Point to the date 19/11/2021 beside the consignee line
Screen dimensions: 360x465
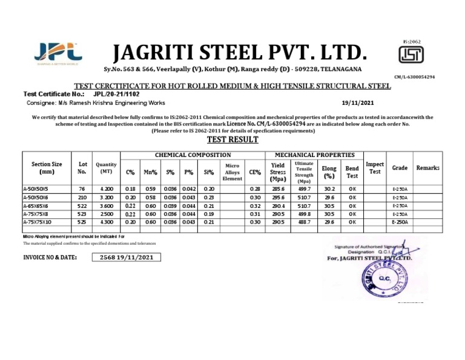click(x=358, y=103)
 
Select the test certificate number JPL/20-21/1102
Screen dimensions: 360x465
click(x=116, y=95)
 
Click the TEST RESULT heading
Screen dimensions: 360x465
click(x=232, y=139)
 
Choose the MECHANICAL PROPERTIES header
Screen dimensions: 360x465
click(x=314, y=156)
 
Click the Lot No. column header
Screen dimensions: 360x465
click(x=82, y=168)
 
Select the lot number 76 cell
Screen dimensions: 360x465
click(x=82, y=190)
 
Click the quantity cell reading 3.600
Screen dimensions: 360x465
click(x=107, y=206)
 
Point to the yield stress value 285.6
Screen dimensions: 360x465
click(x=278, y=190)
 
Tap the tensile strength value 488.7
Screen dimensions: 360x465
click(x=304, y=222)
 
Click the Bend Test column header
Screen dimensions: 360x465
click(x=352, y=172)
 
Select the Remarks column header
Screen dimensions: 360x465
click(x=428, y=168)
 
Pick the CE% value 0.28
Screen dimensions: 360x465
click(x=255, y=190)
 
